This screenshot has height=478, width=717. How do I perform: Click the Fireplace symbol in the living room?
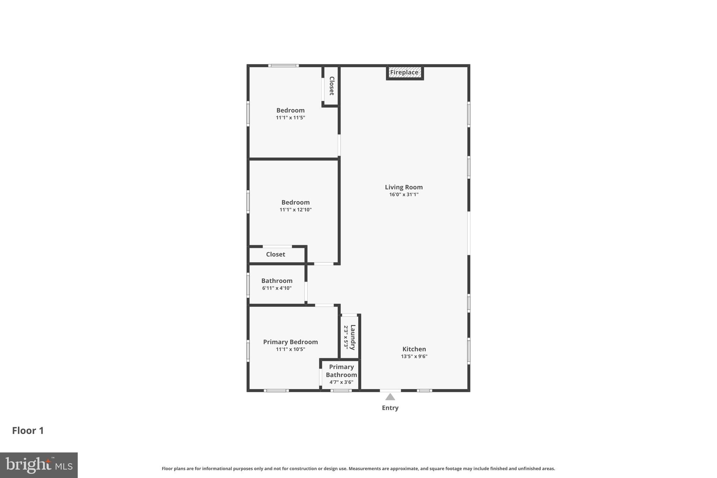click(404, 72)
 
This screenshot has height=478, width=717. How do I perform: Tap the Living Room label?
click(404, 187)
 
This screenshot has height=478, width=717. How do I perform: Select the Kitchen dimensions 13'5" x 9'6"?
click(414, 356)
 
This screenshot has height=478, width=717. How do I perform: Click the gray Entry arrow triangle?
click(390, 397)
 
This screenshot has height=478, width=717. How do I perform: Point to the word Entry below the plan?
click(390, 408)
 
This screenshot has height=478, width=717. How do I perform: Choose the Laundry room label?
click(353, 337)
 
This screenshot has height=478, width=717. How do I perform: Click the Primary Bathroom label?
click(341, 370)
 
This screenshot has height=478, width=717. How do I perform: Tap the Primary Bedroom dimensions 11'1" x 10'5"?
click(290, 349)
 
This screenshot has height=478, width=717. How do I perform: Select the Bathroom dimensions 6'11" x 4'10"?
click(277, 288)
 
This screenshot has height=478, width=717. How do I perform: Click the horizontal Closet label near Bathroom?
click(276, 254)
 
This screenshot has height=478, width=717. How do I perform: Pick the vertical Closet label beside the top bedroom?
click(332, 86)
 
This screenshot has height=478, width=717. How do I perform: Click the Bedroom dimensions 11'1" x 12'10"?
click(295, 210)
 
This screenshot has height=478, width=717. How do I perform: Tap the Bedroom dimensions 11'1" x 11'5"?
click(290, 118)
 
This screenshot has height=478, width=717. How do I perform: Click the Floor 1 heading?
click(28, 430)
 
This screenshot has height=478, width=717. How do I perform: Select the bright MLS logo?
click(39, 465)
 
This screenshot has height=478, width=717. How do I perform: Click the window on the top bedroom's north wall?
click(283, 65)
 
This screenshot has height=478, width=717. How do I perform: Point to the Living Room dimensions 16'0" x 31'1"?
click(404, 194)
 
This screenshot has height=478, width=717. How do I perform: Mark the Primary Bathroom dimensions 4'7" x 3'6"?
click(341, 382)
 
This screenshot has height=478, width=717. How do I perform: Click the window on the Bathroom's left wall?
click(248, 286)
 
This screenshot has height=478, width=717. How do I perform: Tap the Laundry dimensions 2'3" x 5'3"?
click(346, 337)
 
